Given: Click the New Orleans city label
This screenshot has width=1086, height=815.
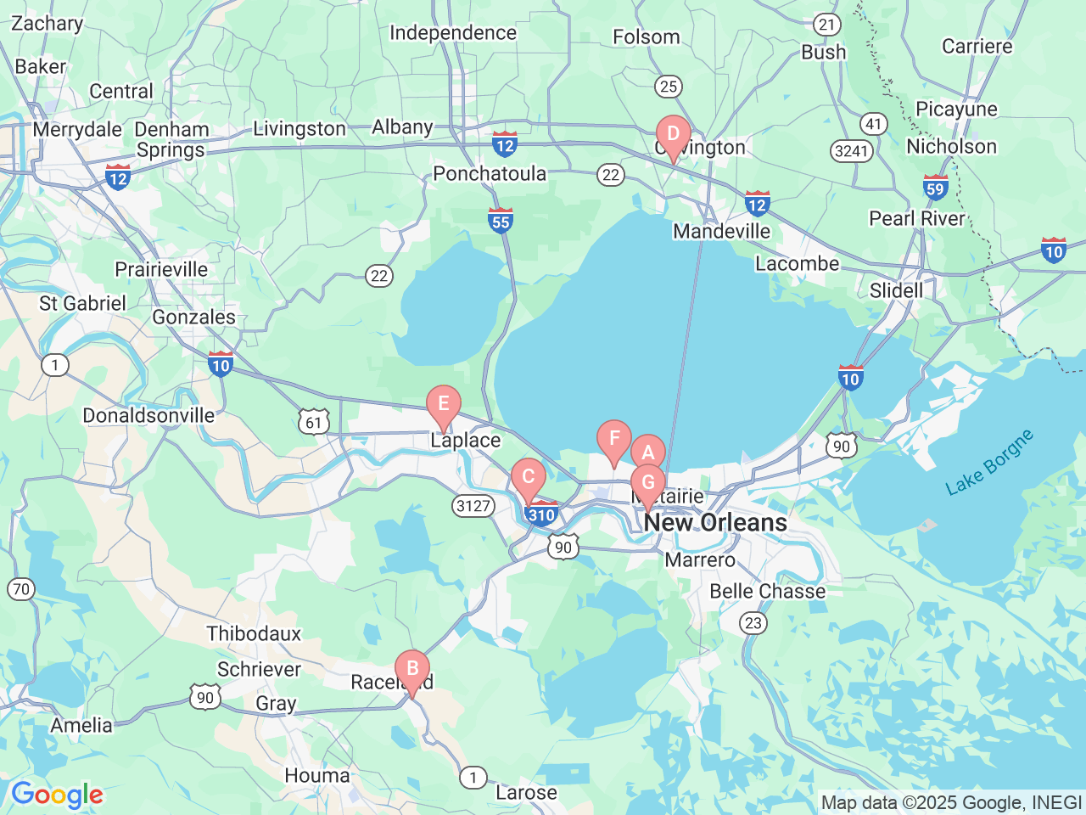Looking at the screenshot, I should pos(715,522).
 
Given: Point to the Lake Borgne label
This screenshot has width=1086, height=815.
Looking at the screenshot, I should pos(989,462).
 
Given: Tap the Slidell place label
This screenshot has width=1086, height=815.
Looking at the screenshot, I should pos(896,290).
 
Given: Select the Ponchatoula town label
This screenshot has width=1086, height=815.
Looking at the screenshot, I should pos(490,173).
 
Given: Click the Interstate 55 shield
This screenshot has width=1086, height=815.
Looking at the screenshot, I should pos(501,221).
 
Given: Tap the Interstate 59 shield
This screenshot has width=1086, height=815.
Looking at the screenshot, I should pos(935,188).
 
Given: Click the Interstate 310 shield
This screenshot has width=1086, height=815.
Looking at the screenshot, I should pos(541,514).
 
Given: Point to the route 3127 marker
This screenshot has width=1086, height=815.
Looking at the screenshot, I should pos(473,506).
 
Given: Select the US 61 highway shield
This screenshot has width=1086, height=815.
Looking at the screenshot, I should pos(314,422).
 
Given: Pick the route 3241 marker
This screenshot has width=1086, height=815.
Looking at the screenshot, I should pos(850,151).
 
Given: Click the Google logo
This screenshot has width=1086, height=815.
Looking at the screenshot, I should pos(57,795).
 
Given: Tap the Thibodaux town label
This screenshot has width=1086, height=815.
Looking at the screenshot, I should pos(254,633).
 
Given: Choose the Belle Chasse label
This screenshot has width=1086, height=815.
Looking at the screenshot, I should pos(767,591).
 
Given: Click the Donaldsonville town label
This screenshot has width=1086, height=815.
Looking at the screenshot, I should pos(148,415).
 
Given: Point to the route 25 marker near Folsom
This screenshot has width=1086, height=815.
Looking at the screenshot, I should pos(669,86).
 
